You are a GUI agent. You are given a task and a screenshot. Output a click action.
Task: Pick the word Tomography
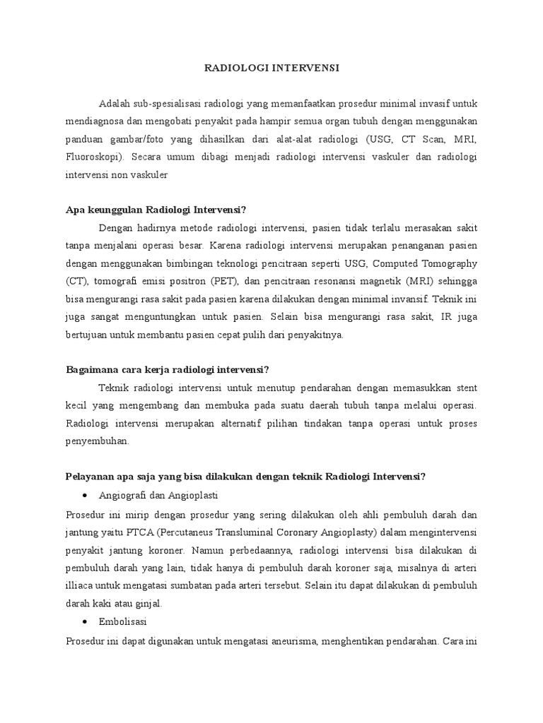click(x=449, y=263)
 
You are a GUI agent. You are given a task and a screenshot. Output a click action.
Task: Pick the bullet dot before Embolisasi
click(x=85, y=621)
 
